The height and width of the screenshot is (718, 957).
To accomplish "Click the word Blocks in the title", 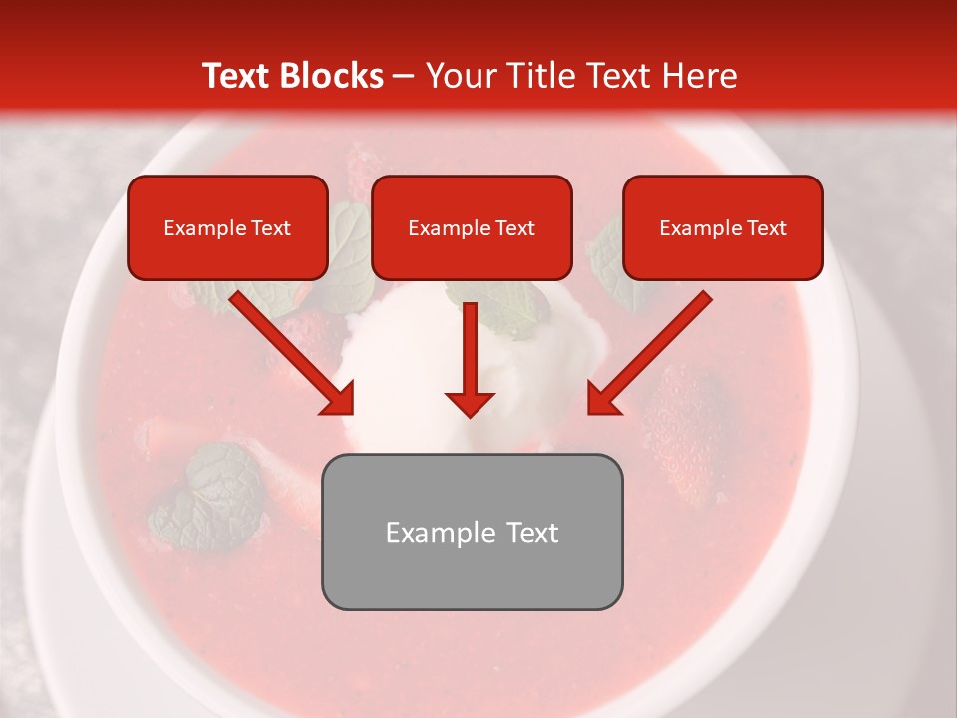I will [331, 76].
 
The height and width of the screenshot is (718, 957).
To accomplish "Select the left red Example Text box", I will [227, 227].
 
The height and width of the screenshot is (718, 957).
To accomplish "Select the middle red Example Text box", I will [472, 227].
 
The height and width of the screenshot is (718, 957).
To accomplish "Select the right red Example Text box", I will [723, 227].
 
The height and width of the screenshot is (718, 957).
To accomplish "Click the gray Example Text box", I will [472, 532].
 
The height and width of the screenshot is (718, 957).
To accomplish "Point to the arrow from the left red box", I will [288, 349].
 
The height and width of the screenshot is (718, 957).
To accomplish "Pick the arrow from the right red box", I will [653, 349].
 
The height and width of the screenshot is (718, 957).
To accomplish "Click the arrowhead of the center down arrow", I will [470, 403].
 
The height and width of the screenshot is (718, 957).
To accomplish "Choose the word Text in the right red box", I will [765, 228].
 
